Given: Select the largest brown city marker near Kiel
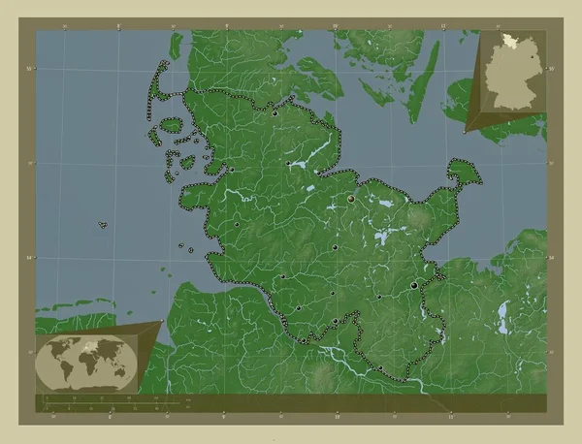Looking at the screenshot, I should click(x=352, y=197).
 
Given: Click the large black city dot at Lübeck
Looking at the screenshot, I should click(x=416, y=285).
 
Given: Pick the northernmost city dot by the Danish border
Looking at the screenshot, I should click(x=275, y=113).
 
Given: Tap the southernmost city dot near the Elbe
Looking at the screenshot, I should click(x=381, y=366).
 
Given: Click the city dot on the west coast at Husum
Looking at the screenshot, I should click(x=231, y=171).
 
